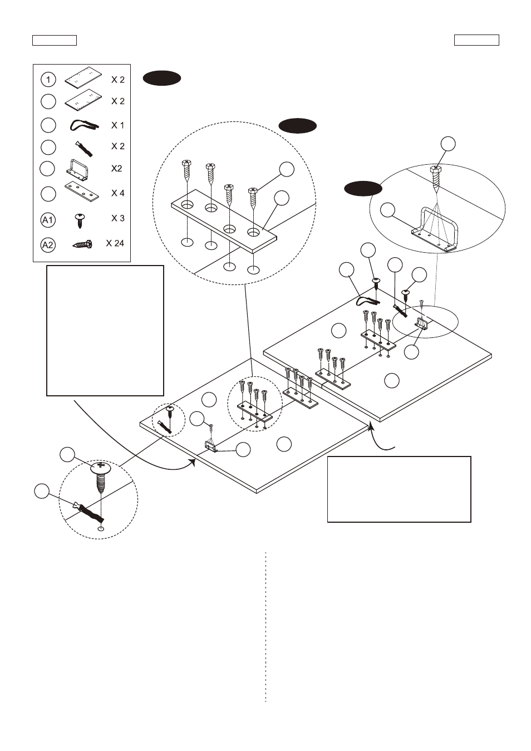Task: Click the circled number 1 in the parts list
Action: click(48, 80)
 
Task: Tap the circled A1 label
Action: click(48, 220)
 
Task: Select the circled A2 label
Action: click(48, 245)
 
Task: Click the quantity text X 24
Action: click(115, 243)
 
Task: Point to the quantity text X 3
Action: click(117, 218)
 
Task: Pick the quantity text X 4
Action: click(117, 193)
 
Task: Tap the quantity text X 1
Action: click(117, 125)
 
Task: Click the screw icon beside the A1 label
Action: click(80, 220)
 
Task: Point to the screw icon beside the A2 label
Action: click(82, 244)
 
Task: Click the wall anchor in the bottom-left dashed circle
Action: click(88, 511)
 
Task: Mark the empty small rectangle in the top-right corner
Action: click(476, 40)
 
